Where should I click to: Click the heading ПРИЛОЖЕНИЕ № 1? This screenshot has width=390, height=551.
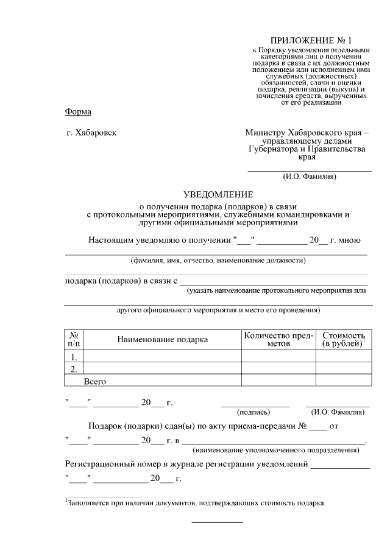click(x=310, y=40)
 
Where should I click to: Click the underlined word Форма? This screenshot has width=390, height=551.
click(x=78, y=111)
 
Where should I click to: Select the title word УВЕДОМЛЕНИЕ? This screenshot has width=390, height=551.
click(x=218, y=195)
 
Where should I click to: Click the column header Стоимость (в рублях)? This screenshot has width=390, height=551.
click(x=342, y=340)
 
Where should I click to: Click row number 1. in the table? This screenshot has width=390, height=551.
click(x=74, y=357)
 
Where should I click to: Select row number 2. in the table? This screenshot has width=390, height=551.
click(x=74, y=369)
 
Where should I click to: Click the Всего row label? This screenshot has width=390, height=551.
click(x=95, y=381)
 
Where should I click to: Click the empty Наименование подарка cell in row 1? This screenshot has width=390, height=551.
click(x=162, y=357)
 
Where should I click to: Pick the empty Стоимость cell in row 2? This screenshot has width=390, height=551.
click(x=342, y=369)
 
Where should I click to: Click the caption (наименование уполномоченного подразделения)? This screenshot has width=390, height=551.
click(x=275, y=450)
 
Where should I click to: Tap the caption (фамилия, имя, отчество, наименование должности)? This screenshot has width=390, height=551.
click(x=218, y=261)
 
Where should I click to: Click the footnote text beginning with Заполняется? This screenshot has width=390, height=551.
click(x=197, y=503)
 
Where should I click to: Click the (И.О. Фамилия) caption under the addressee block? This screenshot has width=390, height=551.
click(x=310, y=177)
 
